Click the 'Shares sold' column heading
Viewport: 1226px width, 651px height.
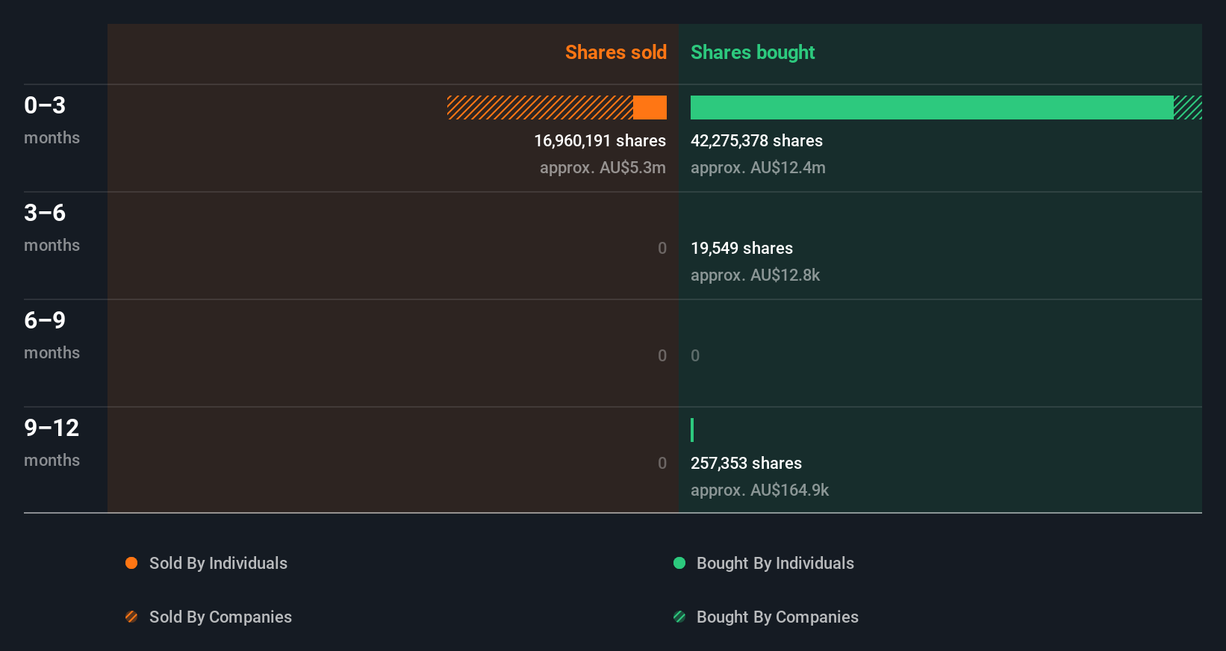615,52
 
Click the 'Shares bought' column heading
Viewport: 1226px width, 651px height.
752,52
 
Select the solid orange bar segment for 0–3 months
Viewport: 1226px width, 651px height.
650,108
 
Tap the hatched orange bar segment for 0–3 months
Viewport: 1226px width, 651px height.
540,108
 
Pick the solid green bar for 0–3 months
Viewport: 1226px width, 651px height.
931,108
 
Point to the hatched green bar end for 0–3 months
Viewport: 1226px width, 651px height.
1188,108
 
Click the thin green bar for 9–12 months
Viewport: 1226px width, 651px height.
692,430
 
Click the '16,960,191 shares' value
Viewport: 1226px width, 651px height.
600,140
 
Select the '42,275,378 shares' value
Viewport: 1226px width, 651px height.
756,140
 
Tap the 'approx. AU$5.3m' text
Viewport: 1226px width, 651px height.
603,167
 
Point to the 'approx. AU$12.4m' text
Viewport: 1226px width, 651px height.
758,167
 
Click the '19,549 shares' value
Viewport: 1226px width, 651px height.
741,248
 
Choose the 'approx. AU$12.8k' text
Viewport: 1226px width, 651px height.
755,275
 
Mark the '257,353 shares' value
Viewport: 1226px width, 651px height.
746,463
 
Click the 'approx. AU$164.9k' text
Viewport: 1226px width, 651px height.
759,490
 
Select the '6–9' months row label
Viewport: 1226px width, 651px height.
45,320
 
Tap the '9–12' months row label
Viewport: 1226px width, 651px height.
52,428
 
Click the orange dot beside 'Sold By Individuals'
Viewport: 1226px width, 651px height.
131,563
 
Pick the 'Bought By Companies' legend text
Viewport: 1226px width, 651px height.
777,617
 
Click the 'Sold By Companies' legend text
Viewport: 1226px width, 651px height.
220,617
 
